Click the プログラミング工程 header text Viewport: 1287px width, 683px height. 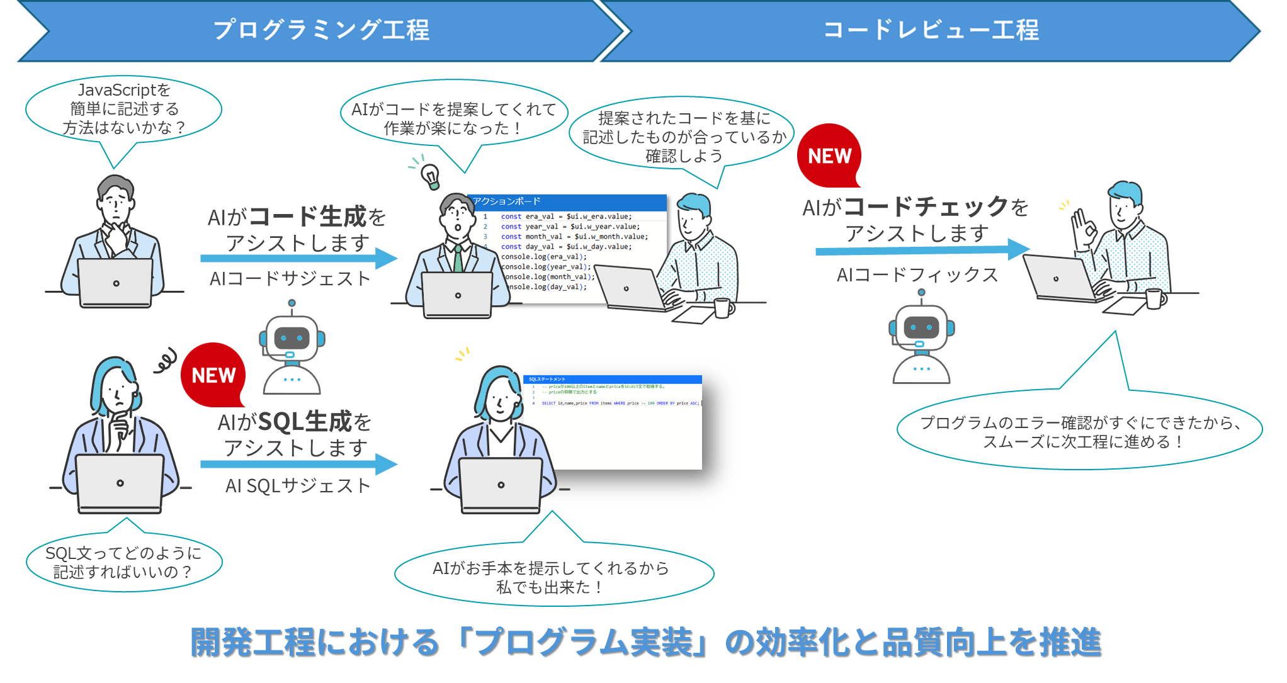321,30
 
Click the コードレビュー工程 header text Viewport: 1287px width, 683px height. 931,30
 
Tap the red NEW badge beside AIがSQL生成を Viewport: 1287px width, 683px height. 213,375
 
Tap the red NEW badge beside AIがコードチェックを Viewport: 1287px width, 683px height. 829,155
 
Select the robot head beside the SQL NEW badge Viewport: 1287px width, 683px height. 292,339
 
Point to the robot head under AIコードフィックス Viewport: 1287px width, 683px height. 921,327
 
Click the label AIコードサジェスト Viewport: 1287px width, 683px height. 290,278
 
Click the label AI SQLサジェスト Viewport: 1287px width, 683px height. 298,485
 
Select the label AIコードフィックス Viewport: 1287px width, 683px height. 917,274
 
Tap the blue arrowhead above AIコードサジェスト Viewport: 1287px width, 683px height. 385,258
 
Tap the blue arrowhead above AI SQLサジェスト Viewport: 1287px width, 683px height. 385,465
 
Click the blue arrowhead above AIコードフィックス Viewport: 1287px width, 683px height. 1018,249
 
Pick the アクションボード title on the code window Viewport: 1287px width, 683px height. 507,201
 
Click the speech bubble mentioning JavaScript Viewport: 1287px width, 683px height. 124,109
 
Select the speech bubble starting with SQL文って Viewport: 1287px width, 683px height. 123,562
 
